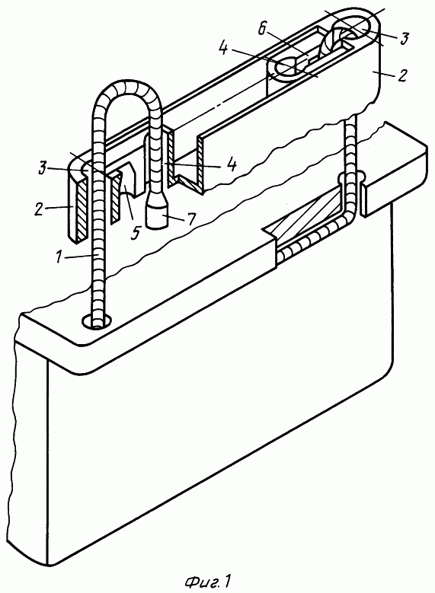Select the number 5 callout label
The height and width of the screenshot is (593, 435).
click(134, 232)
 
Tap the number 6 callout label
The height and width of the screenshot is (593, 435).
click(261, 29)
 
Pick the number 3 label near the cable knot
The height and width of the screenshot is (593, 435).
click(405, 38)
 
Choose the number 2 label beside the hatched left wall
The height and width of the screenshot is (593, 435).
click(39, 209)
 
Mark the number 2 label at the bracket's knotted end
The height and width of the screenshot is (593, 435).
click(402, 75)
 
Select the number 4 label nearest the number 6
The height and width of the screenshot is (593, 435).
click(224, 48)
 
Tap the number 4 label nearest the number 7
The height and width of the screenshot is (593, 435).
click(232, 165)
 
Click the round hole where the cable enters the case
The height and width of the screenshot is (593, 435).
click(98, 320)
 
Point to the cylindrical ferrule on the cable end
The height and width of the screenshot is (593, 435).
click(157, 215)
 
